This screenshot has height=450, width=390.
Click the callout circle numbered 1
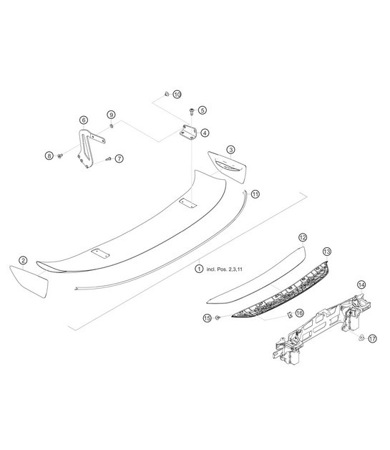(x=199, y=269)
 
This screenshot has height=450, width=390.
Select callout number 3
(x=230, y=149)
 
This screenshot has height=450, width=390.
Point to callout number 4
(x=205, y=133)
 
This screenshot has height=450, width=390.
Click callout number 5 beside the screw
(x=203, y=110)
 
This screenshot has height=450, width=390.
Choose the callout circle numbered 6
(x=84, y=120)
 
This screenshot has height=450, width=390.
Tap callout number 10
(x=177, y=94)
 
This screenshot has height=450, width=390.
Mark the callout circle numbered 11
(x=255, y=193)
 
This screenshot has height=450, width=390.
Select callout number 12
(x=303, y=236)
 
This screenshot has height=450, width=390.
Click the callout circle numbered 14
(x=361, y=284)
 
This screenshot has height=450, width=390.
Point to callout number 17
(x=372, y=338)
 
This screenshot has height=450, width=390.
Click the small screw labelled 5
(x=192, y=111)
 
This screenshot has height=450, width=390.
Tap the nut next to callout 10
(x=166, y=94)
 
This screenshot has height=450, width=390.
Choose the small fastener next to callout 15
(x=218, y=316)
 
